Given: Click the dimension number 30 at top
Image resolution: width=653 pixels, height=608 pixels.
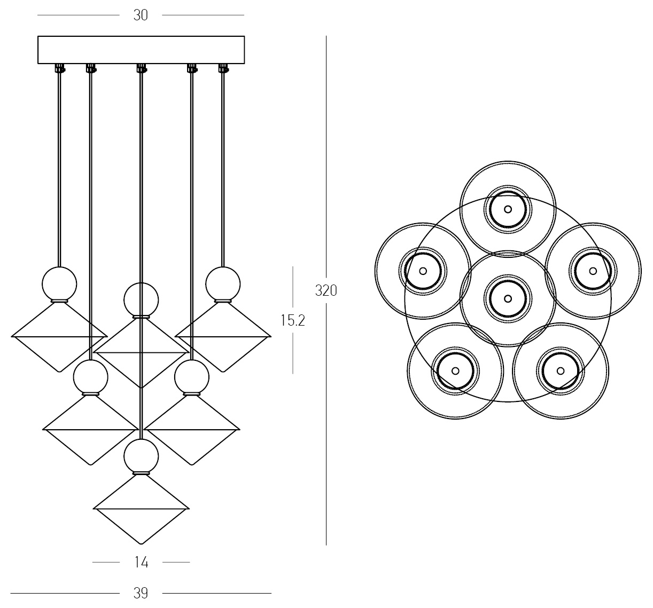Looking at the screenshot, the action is (141, 15).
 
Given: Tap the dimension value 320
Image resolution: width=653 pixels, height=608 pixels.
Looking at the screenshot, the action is (326, 290).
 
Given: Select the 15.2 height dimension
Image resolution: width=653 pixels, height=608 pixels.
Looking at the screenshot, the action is (293, 320).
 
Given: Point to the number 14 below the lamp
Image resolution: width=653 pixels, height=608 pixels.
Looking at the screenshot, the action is (142, 562).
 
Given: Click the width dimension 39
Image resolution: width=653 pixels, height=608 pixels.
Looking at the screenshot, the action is (141, 593).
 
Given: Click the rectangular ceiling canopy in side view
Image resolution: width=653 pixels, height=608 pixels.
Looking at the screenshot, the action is (141, 50).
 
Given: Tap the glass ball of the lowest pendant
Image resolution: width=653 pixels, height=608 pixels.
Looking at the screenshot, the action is (141, 456).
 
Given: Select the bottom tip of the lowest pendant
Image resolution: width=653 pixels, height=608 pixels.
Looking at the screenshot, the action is (141, 543).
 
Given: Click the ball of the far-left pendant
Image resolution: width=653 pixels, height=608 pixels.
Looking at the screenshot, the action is (59, 284).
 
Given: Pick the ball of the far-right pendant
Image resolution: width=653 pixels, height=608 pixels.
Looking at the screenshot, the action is (223, 284).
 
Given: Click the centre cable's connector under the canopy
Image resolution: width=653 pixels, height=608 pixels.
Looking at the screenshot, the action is (142, 68).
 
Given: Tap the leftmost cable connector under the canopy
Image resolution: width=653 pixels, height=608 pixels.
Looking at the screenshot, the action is (60, 68).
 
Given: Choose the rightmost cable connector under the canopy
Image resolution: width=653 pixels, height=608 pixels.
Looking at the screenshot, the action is (223, 68).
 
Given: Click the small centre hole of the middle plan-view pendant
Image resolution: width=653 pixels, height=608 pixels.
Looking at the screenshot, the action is (508, 298).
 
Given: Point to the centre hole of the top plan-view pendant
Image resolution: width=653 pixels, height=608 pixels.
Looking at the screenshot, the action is (508, 209).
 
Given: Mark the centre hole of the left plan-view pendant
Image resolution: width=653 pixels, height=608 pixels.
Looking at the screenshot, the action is (423, 271).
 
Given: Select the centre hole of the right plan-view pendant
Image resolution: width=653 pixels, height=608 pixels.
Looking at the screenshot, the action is (593, 271).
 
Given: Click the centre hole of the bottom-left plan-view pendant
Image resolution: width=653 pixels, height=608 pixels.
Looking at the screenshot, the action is (455, 371).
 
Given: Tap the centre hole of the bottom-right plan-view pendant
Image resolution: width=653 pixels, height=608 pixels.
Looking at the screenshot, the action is (561, 371).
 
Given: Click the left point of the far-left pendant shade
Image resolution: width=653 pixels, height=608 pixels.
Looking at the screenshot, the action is (12, 336).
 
